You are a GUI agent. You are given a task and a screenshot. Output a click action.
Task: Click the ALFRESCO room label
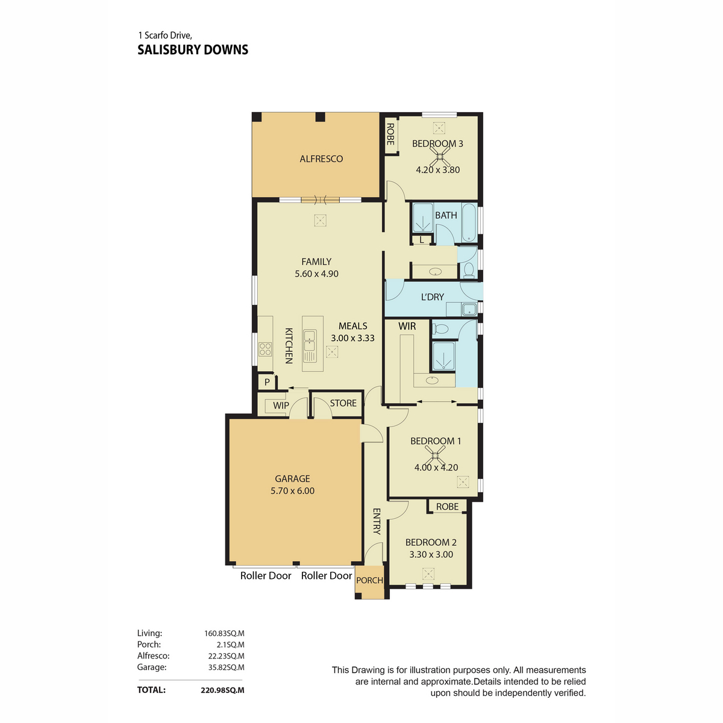point(321,159)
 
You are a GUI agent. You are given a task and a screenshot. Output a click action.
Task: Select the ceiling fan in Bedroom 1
point(435,455)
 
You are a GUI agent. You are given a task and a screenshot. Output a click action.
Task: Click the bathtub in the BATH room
point(469,223)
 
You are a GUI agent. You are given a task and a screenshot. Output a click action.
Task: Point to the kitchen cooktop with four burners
point(265,349)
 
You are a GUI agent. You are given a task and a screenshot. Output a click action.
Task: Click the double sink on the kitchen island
point(310,340)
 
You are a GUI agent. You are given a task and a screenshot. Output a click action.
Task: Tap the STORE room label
point(343,403)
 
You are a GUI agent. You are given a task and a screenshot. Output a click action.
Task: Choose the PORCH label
point(369,580)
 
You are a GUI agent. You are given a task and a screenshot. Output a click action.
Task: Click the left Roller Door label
point(266,575)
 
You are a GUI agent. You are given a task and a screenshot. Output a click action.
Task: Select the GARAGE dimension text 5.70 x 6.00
point(293,491)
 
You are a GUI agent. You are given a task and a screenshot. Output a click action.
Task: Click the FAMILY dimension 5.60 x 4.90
point(317,274)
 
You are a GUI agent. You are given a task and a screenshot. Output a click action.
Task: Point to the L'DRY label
point(432,297)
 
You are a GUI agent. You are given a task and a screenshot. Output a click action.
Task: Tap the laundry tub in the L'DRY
point(469,310)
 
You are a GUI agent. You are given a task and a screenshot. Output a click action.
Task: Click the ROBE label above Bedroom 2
point(447,507)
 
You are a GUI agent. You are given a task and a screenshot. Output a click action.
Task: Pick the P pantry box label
point(267,383)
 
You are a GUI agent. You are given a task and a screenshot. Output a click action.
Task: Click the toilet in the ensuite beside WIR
point(440,329)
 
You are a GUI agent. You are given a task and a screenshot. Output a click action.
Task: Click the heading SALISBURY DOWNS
point(193,50)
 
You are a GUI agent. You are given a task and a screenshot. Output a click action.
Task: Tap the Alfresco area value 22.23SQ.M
point(227,656)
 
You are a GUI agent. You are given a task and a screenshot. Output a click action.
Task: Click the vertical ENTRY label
point(377,521)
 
